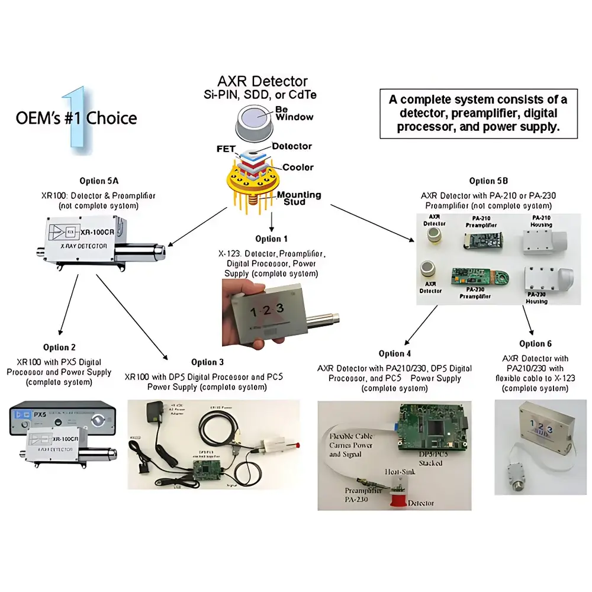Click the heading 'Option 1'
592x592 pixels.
click(x=272, y=239)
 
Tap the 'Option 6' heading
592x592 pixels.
click(x=535, y=343)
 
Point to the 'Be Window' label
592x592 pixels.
click(x=294, y=113)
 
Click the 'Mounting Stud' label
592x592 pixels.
click(x=299, y=198)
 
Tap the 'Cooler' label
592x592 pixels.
click(x=298, y=167)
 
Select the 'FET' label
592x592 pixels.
click(x=226, y=149)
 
